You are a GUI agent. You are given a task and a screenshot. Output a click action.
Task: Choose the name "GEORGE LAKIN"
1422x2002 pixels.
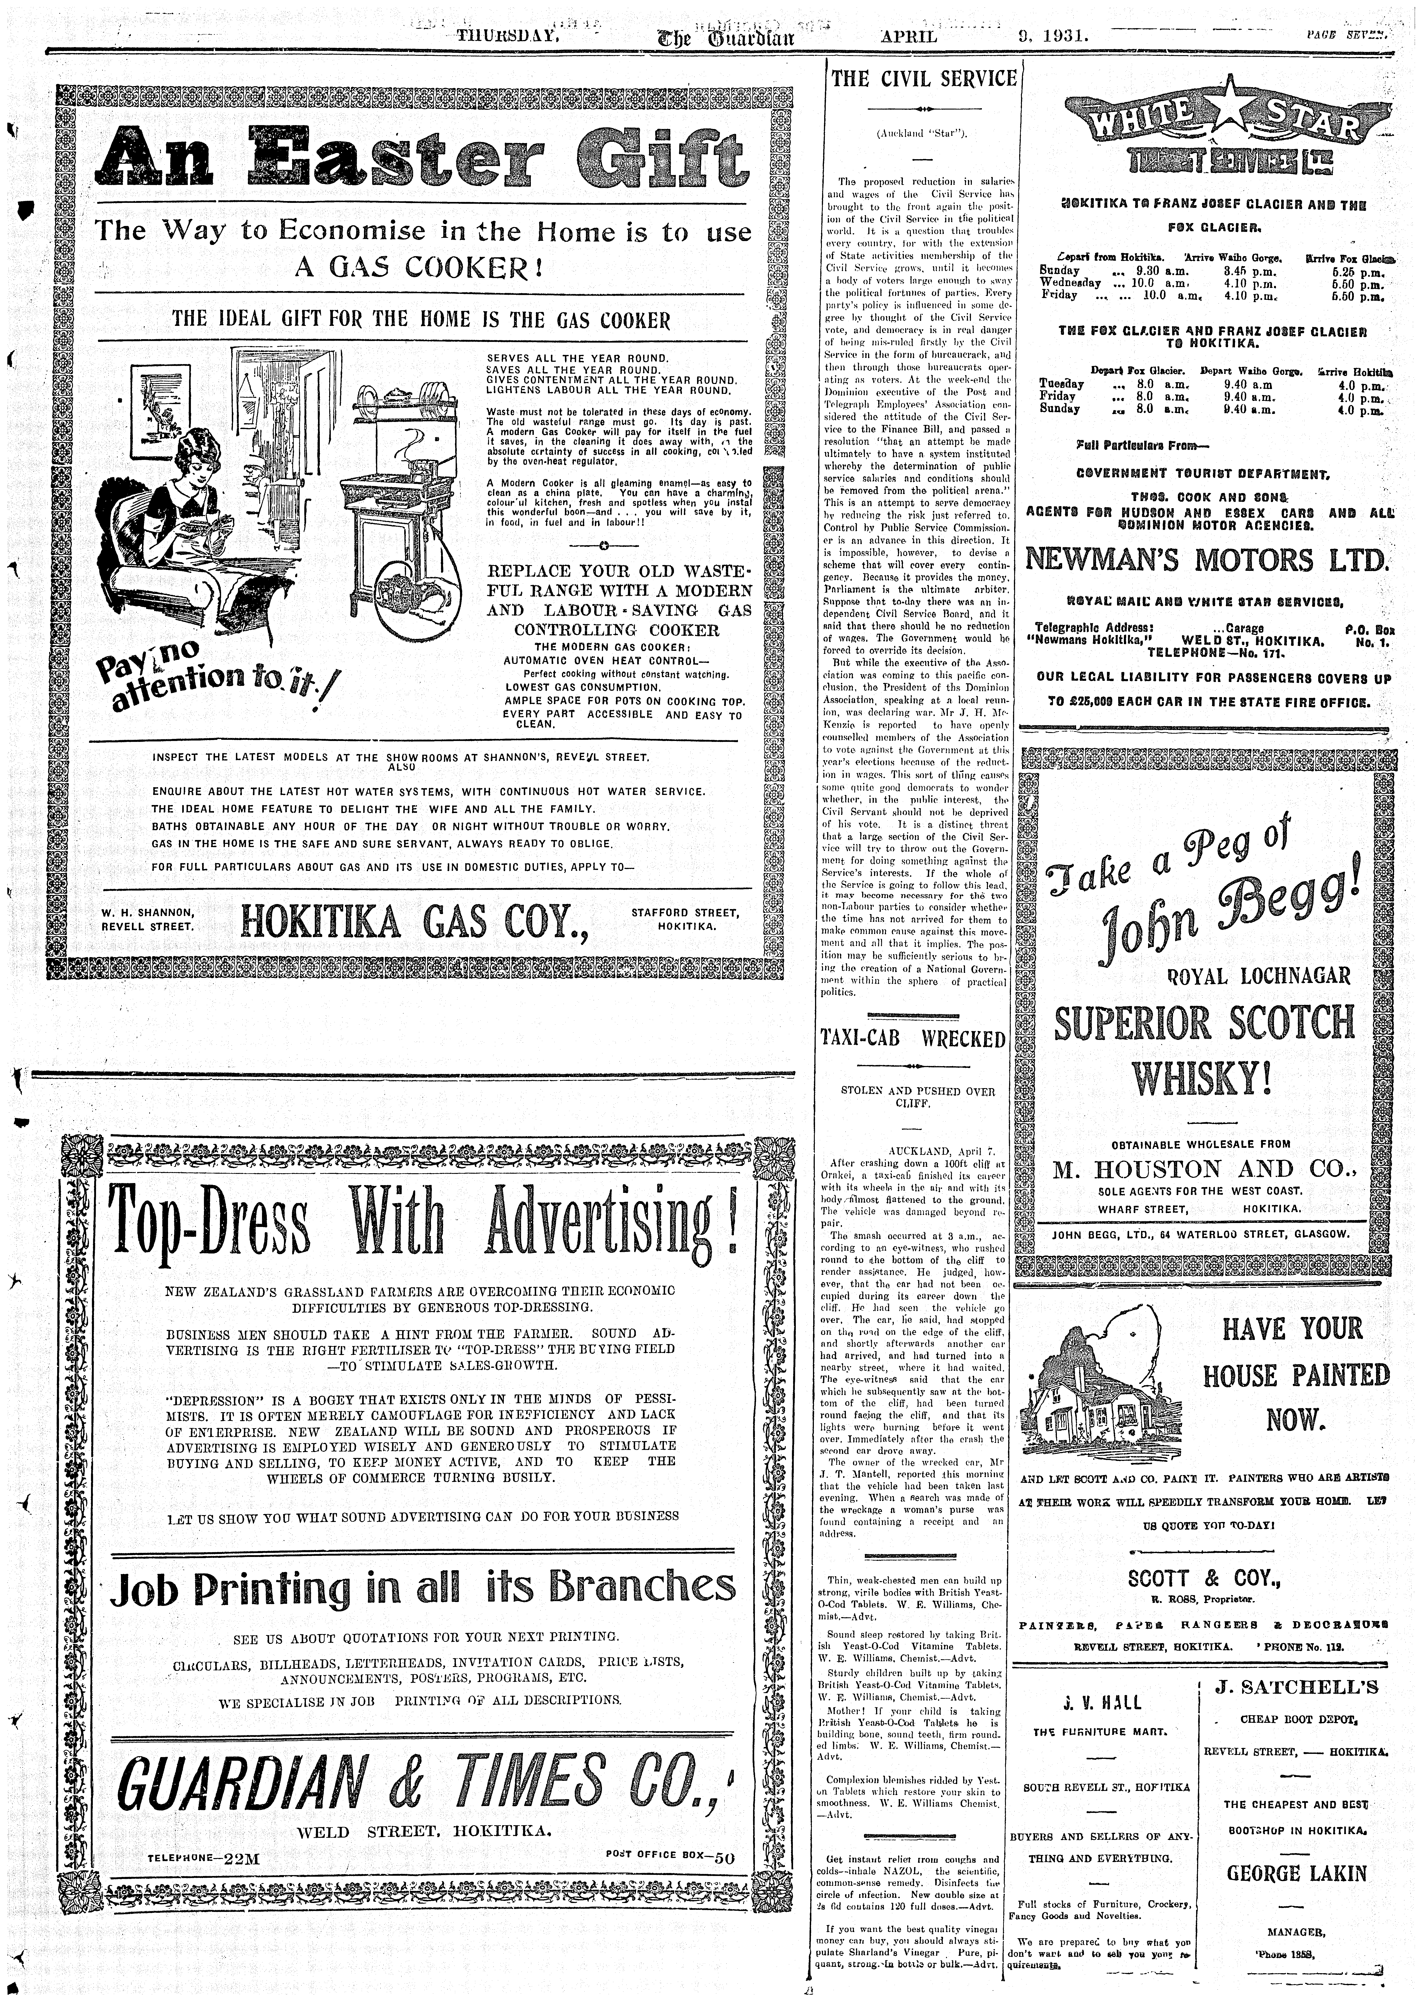(x=1296, y=1873)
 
